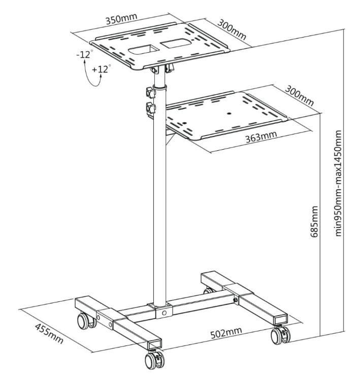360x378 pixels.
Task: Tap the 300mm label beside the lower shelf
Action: (299, 95)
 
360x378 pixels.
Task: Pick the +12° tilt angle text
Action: (101, 70)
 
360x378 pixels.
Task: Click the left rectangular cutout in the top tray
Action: (143, 50)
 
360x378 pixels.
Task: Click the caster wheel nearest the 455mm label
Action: (83, 321)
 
